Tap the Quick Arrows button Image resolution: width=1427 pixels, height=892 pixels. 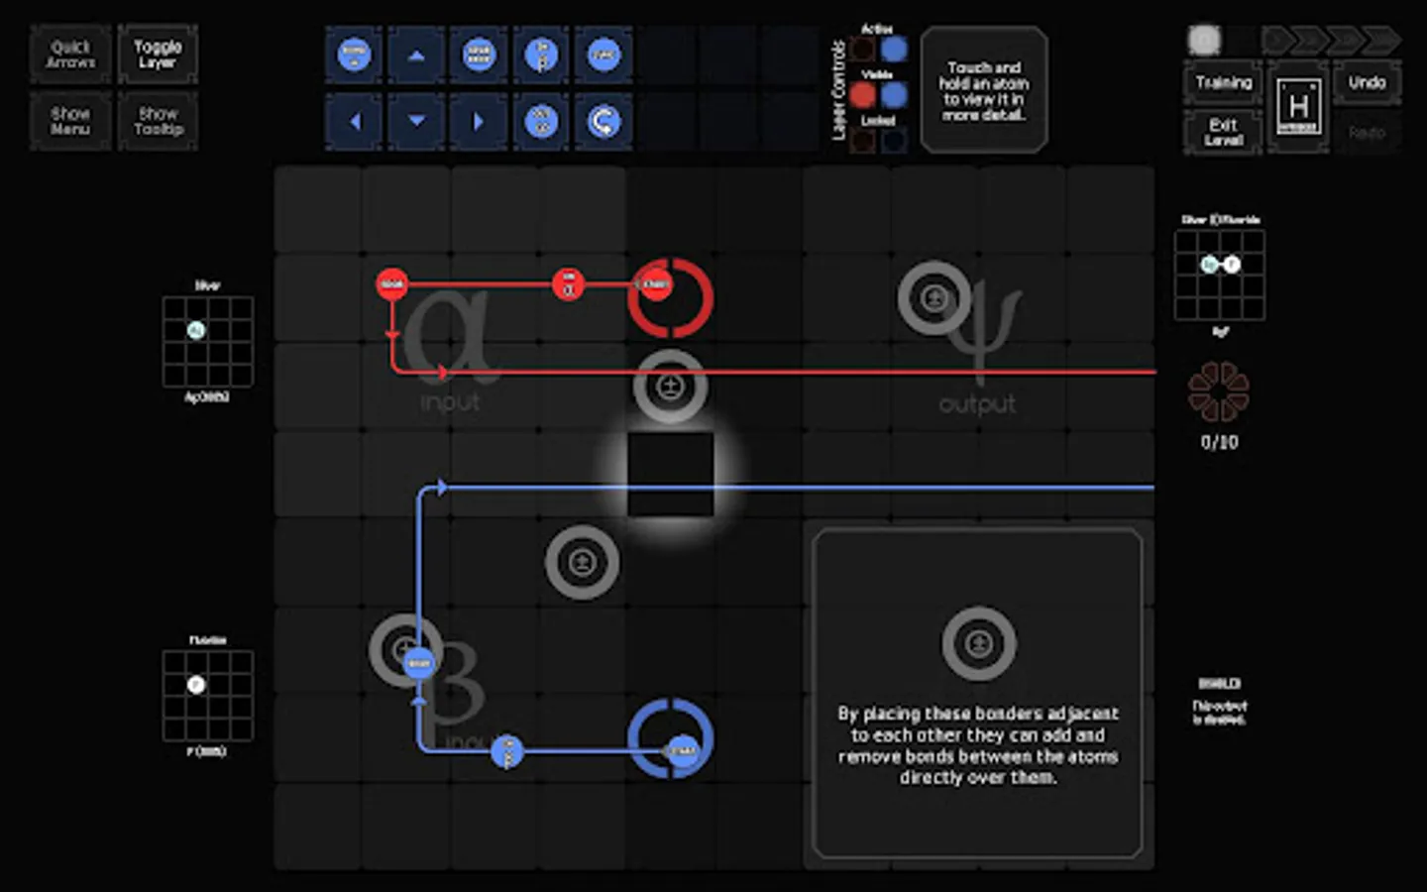pos(70,55)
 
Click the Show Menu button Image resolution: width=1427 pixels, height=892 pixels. pos(70,121)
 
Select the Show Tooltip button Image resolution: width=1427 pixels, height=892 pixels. pos(159,121)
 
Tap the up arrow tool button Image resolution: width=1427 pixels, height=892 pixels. pos(416,56)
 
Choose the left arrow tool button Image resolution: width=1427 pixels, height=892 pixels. pos(355,122)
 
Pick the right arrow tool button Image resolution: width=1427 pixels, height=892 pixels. pos(479,122)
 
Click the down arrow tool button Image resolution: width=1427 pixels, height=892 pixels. pos(416,122)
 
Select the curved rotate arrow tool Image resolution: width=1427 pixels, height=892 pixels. pos(603,122)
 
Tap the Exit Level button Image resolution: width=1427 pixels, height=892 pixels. pos(1223,132)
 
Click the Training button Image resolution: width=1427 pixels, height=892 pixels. pos(1223,82)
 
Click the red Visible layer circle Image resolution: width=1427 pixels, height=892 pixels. pos(863,95)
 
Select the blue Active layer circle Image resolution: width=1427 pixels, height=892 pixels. pos(894,49)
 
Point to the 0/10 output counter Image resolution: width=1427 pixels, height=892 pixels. pos(1219,443)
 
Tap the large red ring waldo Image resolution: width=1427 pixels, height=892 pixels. pos(670,297)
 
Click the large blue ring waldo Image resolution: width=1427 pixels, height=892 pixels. pos(670,738)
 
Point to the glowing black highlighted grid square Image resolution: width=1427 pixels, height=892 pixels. pos(670,474)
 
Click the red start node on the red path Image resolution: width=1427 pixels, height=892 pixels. pos(392,284)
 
